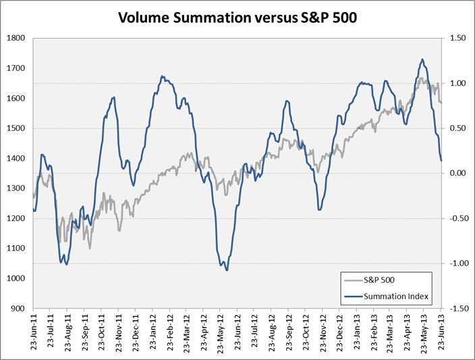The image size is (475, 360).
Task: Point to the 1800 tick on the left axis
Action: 16,38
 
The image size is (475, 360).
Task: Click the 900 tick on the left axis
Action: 18,308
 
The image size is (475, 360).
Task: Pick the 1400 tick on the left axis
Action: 16,158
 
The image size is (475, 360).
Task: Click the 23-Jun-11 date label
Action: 34,331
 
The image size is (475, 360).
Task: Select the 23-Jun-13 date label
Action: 441,331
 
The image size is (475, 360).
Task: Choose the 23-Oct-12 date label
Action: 305,331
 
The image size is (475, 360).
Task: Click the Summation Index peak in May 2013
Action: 422,59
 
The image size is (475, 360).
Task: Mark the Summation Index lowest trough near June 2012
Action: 227,270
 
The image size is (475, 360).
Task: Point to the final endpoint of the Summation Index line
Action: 441,160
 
